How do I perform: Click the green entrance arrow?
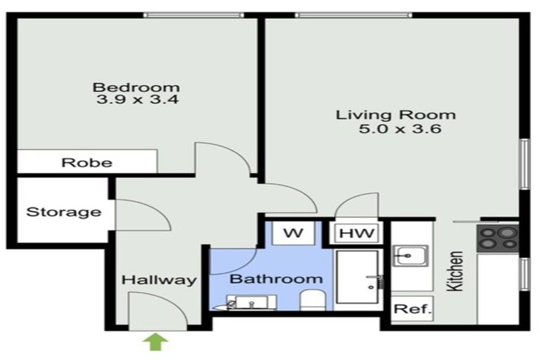[157, 342]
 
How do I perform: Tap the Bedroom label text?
[136, 88]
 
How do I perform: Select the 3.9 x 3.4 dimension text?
[136, 101]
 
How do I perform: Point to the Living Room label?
[395, 115]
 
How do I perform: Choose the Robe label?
[86, 162]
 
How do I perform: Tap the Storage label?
[63, 212]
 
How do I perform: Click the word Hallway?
[159, 280]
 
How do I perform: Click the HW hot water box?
[358, 233]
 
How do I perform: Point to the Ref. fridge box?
[412, 309]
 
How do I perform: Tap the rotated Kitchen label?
[455, 271]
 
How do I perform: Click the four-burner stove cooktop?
[498, 238]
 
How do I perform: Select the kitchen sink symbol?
[412, 255]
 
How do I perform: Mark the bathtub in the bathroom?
[359, 280]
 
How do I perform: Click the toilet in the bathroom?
[311, 301]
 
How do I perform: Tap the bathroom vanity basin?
[250, 302]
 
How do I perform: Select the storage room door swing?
[141, 215]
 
